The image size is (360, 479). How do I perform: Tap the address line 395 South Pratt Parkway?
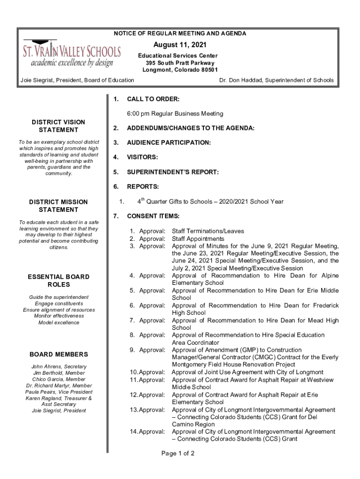180,63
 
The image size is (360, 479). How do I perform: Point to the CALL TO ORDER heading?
153,99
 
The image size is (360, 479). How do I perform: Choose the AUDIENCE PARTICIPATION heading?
169,142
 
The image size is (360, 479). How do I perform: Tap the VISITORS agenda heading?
142,157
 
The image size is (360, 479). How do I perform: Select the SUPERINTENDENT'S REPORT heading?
173,172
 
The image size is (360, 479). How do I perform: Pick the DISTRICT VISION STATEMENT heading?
58,126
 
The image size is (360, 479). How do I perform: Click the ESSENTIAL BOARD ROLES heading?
58,281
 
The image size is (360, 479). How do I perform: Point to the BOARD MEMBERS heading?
58,354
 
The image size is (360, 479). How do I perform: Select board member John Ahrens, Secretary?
58,367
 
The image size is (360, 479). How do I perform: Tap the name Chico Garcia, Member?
58,379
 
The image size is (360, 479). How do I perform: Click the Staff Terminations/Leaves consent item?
208,231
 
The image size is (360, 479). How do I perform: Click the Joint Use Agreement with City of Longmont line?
247,372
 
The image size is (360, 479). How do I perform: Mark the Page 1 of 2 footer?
178,453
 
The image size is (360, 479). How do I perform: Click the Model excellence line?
58,322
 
